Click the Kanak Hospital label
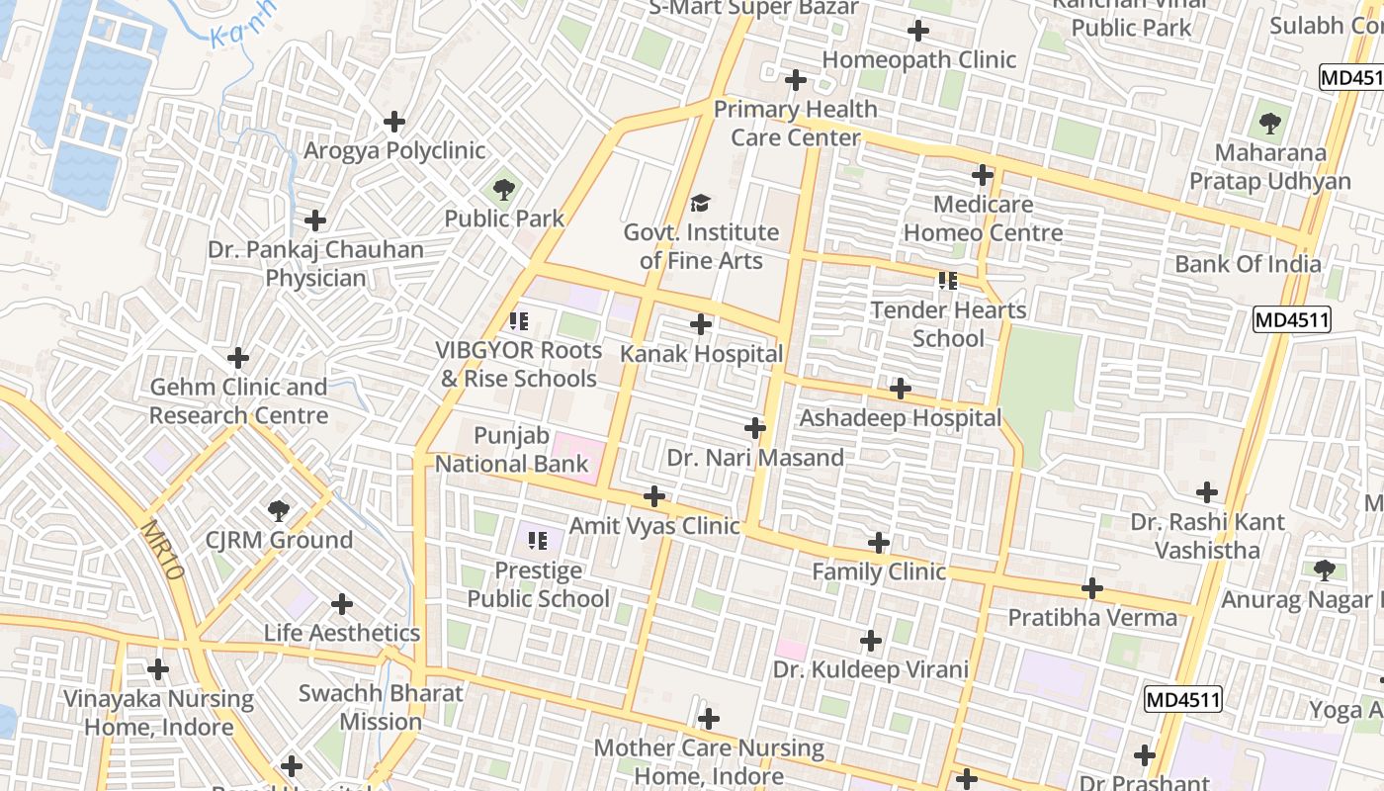[701, 354]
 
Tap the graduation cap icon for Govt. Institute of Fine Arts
[701, 204]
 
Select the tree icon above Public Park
[504, 189]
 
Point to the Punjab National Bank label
[511, 450]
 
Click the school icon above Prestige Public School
[538, 541]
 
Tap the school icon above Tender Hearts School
[948, 281]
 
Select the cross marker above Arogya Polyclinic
[394, 122]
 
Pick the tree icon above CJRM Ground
[279, 511]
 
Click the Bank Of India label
[1248, 264]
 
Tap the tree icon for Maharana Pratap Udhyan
[1270, 125]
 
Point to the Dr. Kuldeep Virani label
[870, 669]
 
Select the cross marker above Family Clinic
[879, 542]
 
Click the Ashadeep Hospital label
[900, 418]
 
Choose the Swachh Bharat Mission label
[381, 707]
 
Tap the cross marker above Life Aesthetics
[342, 604]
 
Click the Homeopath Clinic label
[918, 59]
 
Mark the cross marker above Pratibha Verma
[1092, 588]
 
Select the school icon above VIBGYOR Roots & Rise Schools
[519, 321]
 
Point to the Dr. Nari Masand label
[755, 458]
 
